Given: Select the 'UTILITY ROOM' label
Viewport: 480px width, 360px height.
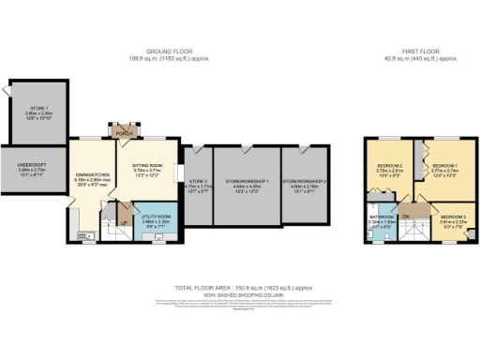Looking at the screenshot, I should pos(150,217).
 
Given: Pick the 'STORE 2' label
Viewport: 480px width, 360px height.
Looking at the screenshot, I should pos(198,181).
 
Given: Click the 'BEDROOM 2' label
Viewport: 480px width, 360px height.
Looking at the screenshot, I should pos(390,166).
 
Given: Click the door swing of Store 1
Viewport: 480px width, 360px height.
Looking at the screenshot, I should pos(8,91).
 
